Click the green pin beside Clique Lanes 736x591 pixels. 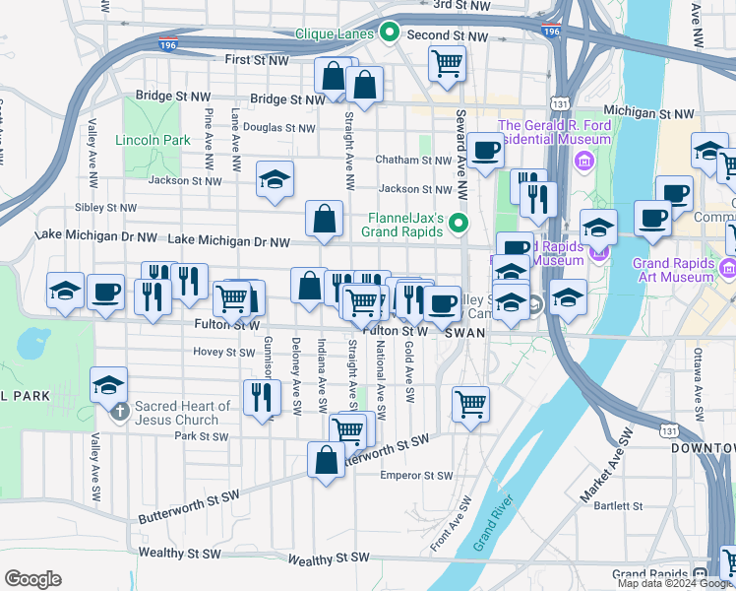(x=390, y=33)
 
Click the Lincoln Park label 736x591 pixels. (x=153, y=140)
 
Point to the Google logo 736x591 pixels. (x=32, y=579)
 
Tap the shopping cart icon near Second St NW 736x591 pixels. (x=448, y=63)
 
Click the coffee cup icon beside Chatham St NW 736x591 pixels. (x=485, y=150)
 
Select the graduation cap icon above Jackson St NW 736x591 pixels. (x=276, y=178)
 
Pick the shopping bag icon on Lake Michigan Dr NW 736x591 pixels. (x=324, y=219)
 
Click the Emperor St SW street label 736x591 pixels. (x=416, y=476)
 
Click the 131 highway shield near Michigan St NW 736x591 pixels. (x=559, y=102)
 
